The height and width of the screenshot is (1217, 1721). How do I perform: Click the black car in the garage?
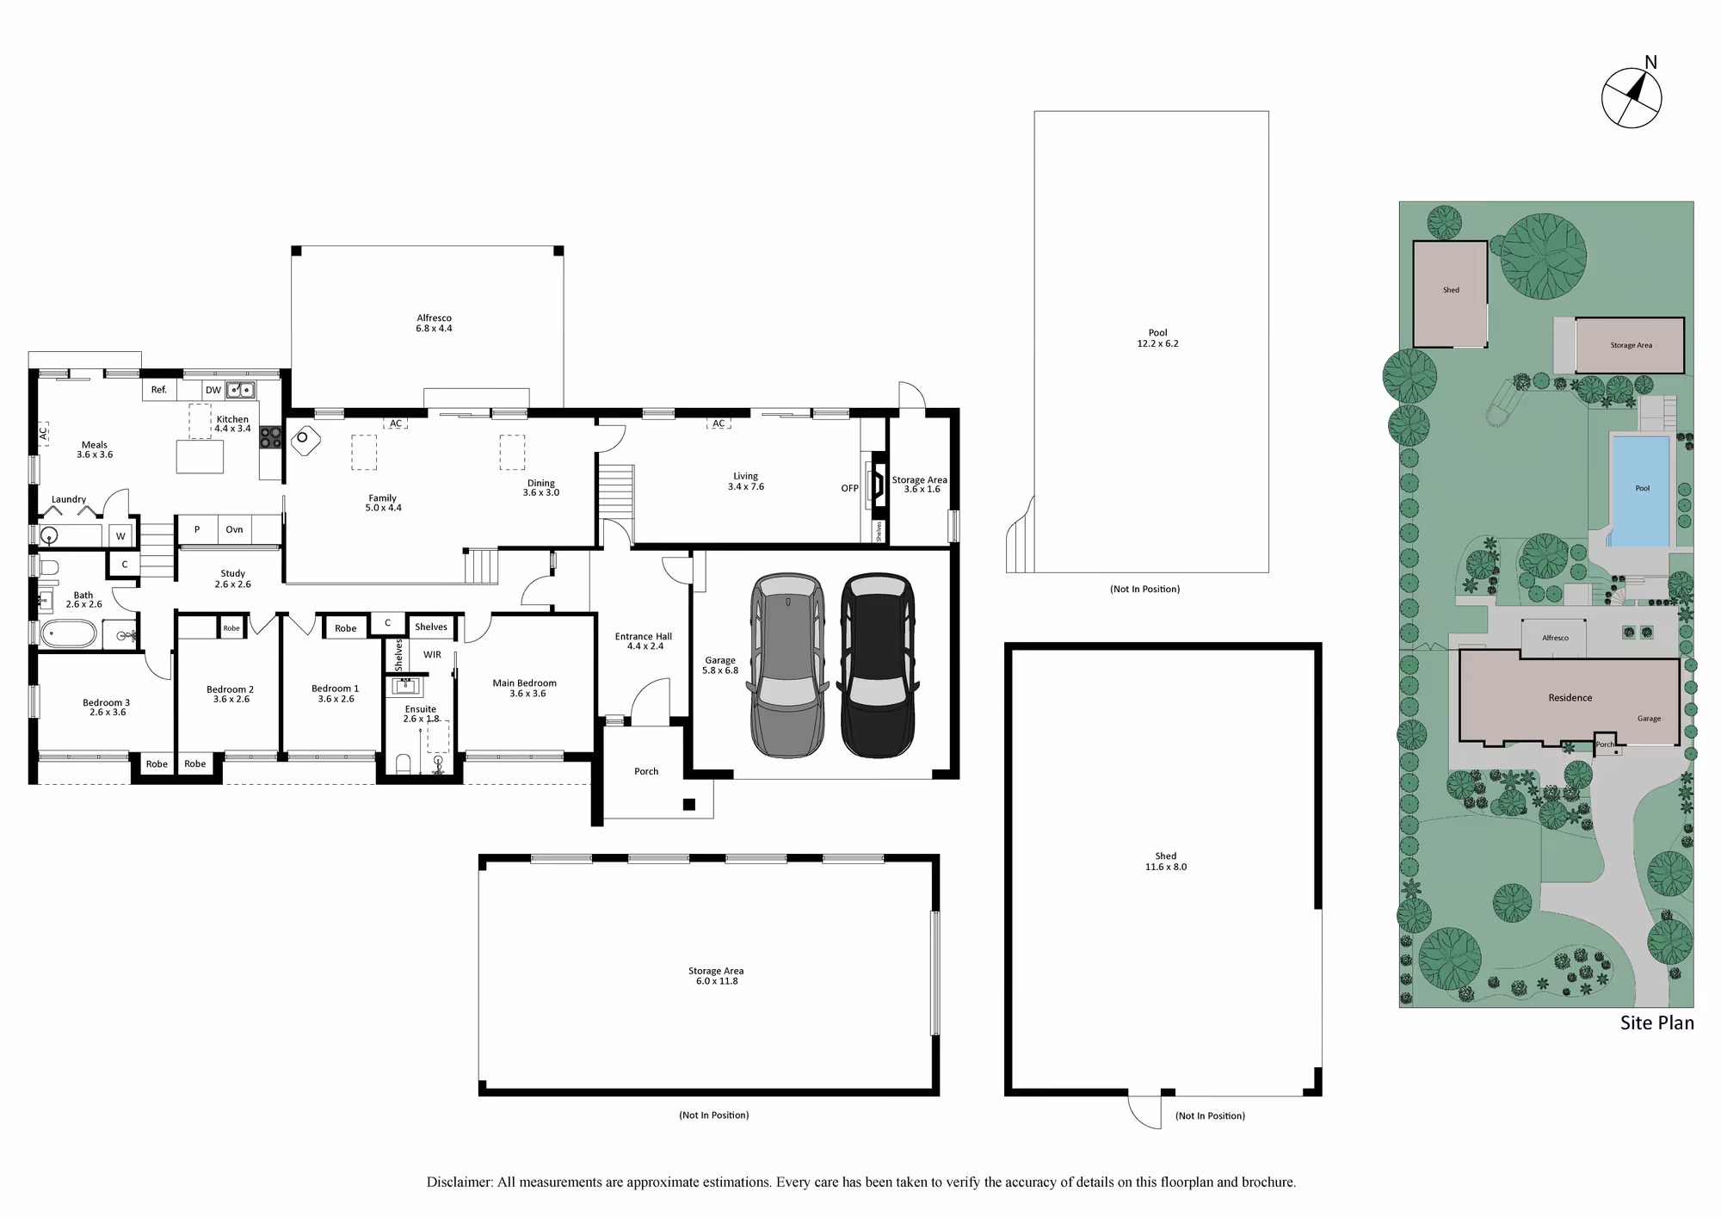(x=878, y=665)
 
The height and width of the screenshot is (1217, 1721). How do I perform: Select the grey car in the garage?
(x=788, y=665)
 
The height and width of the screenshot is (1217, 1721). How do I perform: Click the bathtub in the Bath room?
(x=69, y=634)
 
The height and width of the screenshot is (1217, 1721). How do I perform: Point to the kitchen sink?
(x=241, y=390)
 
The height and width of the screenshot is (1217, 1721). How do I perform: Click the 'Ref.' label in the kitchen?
(x=159, y=390)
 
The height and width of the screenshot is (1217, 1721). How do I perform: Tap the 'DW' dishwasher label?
(x=213, y=390)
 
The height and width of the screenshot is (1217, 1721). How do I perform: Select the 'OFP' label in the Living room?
(x=850, y=488)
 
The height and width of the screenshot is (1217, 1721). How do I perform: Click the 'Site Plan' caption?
(x=1657, y=1022)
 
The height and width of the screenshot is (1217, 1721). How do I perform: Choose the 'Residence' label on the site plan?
(x=1570, y=698)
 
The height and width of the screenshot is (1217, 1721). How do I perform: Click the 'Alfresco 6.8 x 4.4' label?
(x=434, y=323)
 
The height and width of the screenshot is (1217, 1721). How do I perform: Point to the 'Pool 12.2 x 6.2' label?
(x=1158, y=337)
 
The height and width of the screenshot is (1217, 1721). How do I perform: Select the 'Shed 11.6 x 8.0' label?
(x=1166, y=862)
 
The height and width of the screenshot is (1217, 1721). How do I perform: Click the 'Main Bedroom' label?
(x=525, y=683)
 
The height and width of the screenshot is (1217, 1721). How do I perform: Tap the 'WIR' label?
(x=432, y=655)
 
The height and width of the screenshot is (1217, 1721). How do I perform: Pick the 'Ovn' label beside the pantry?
(x=234, y=529)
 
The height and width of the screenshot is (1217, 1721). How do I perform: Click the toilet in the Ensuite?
(x=403, y=764)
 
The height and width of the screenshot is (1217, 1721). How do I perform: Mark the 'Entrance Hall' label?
(x=644, y=637)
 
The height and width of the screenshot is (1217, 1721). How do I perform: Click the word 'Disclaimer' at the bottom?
(x=460, y=1183)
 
